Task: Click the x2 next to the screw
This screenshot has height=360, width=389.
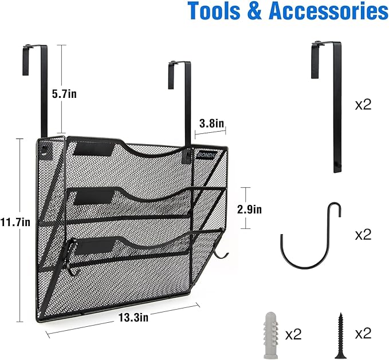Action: (x=363, y=334)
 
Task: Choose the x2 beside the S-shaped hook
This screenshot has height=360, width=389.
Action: (x=363, y=235)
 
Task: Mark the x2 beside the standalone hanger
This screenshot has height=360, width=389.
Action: (x=363, y=104)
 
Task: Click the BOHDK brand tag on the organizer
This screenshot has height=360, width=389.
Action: (x=205, y=153)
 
